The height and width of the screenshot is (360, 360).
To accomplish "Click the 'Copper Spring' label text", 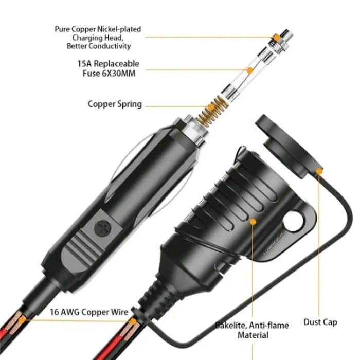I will (114, 104).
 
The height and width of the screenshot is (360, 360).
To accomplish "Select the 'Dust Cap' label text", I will (320, 322).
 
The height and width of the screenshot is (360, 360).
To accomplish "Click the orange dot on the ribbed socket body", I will (253, 222).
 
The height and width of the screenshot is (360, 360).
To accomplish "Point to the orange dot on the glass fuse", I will (249, 69).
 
